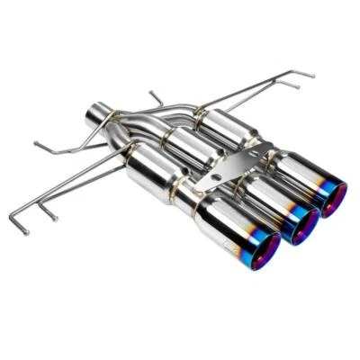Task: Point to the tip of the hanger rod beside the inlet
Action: point(35,143)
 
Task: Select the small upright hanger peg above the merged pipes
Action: point(155,94)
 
